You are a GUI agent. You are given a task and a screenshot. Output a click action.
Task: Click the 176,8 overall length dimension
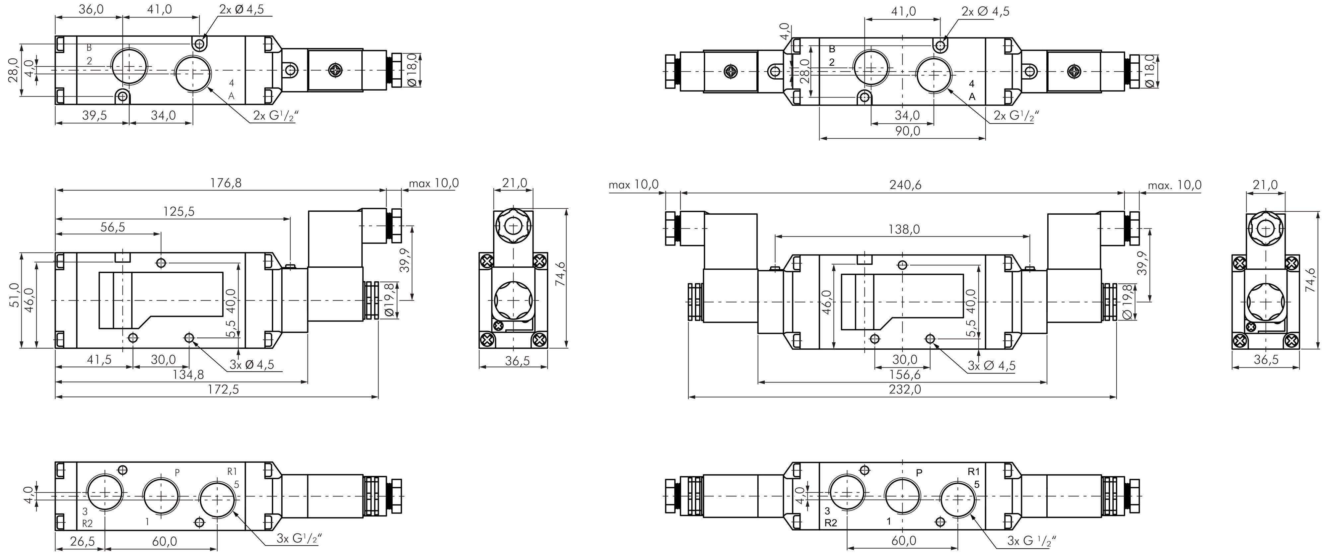(x=226, y=182)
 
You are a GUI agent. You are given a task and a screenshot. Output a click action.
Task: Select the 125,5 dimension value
(x=179, y=211)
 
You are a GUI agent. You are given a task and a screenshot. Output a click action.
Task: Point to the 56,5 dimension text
(x=113, y=227)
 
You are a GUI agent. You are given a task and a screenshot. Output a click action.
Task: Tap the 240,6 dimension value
(x=905, y=184)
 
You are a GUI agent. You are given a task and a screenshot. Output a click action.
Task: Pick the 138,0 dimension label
(x=904, y=229)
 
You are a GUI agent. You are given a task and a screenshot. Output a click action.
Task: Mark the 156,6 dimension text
(x=905, y=374)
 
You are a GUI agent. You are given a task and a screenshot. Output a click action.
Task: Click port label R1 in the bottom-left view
(x=232, y=471)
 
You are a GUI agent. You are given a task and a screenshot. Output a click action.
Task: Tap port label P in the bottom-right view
(x=919, y=473)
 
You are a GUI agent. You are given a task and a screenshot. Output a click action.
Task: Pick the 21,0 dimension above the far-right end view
(x=1265, y=184)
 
